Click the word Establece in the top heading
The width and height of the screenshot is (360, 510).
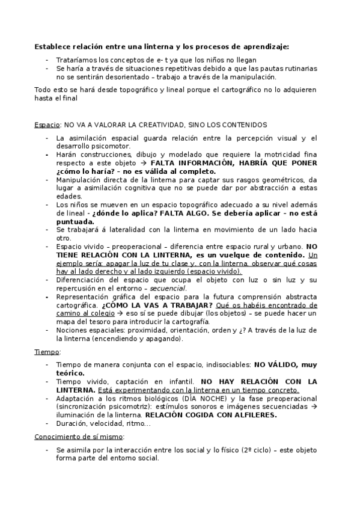[51, 46]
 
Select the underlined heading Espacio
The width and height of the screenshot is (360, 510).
[47, 125]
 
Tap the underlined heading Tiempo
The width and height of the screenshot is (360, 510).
[47, 351]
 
